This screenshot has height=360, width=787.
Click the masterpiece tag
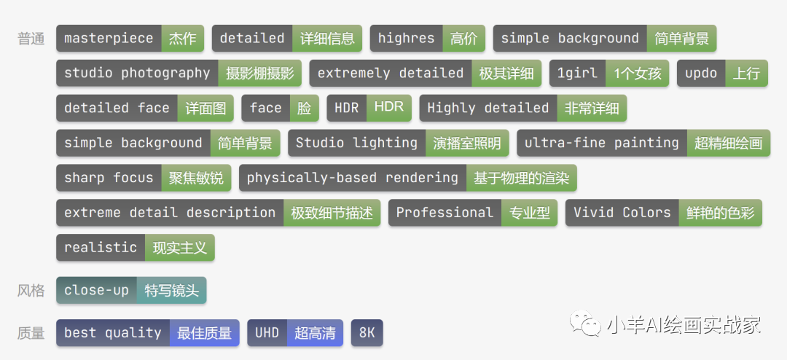click(109, 39)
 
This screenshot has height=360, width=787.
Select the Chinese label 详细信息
click(327, 39)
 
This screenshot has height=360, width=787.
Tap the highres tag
click(406, 39)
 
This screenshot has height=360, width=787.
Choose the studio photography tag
click(137, 73)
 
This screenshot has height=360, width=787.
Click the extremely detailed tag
click(391, 73)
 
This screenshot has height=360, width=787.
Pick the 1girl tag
click(577, 73)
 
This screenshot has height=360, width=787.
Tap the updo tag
click(701, 73)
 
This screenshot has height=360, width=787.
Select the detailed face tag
click(117, 108)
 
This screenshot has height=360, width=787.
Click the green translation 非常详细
click(592, 108)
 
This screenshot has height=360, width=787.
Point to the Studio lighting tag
click(356, 143)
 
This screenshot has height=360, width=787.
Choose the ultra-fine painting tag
click(602, 143)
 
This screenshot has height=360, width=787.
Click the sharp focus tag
click(109, 178)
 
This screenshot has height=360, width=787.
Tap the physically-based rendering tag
click(353, 178)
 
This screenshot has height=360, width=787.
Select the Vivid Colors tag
click(622, 213)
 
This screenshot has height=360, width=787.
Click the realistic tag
click(101, 248)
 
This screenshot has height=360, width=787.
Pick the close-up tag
click(96, 290)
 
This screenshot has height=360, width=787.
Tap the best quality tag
click(113, 333)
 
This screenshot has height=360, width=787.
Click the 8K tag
click(367, 333)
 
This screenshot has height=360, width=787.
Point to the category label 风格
click(31, 291)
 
